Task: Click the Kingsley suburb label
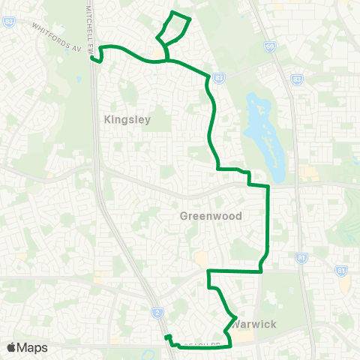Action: [x=127, y=119]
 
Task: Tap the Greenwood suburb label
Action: [x=211, y=216]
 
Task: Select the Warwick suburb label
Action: [x=254, y=324]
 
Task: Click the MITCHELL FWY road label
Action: [x=90, y=26]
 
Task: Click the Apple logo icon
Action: [x=10, y=347]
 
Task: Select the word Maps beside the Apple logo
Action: [x=32, y=347]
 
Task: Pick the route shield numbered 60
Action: [x=269, y=47]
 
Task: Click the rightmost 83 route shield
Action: [x=297, y=79]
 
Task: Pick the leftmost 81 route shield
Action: [x=301, y=259]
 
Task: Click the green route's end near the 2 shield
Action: [x=168, y=337]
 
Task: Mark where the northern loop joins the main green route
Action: [x=167, y=59]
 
